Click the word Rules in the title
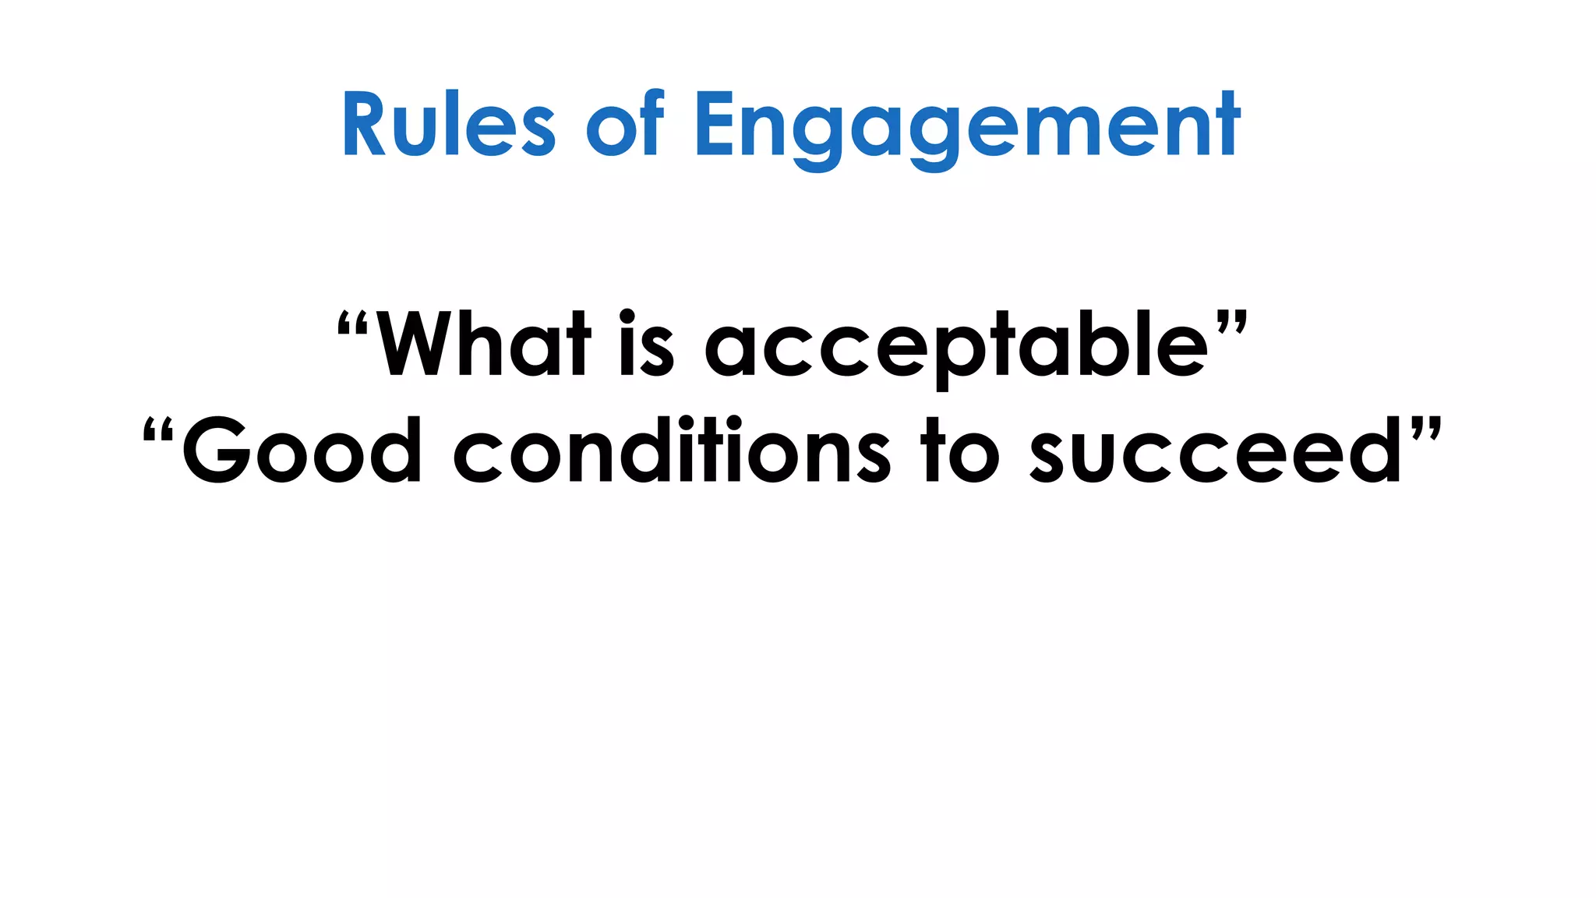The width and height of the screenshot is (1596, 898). [448, 125]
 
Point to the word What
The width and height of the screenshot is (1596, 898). [483, 343]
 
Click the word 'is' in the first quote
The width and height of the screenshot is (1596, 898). [646, 343]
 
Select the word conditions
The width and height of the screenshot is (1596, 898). [671, 450]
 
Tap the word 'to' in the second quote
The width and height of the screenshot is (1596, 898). [959, 450]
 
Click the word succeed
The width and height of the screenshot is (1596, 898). [1216, 450]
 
